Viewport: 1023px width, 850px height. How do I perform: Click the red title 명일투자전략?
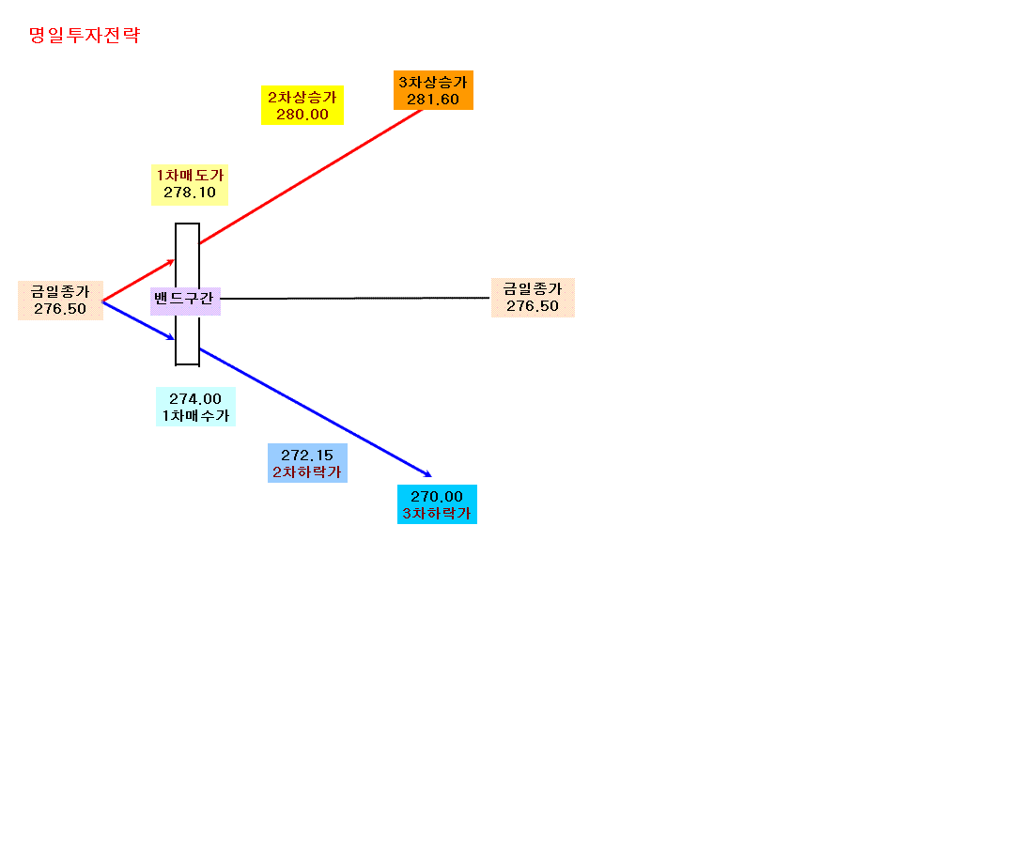85,36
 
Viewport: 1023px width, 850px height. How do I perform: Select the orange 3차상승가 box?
433,90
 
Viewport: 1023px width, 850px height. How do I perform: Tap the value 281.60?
433,100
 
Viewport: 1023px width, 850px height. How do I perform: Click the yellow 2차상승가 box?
302,105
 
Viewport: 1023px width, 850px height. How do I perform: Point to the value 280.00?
302,115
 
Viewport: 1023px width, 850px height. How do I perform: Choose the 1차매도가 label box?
190,185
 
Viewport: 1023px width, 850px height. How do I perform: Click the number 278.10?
190,193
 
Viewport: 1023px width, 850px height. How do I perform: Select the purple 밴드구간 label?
185,301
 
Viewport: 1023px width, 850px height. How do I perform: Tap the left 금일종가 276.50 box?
61,300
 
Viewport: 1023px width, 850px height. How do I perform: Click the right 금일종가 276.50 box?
533,298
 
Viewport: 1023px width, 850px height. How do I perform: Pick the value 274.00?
195,398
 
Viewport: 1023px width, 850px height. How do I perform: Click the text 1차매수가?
195,415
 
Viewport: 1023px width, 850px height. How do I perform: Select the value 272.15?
307,455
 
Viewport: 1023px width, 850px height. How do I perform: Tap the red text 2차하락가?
307,471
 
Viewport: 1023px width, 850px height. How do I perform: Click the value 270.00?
437,497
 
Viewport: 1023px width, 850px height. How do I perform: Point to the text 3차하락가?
437,514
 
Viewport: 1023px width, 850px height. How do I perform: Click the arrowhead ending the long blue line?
428,474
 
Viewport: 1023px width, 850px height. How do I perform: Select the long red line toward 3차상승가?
311,177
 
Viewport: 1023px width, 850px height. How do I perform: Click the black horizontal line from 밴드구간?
355,298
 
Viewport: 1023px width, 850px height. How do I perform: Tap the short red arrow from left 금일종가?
138,281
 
